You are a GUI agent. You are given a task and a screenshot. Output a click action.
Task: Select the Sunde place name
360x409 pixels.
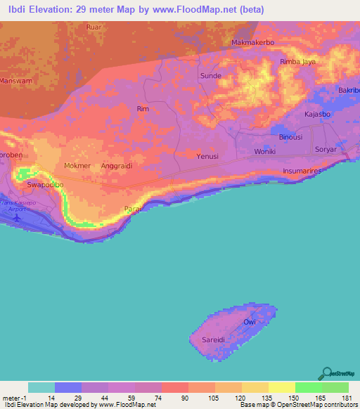tap(211, 76)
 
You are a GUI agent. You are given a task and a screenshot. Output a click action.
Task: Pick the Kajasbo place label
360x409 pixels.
tap(318, 114)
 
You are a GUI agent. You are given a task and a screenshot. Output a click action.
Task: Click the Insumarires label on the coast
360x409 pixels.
tap(307, 171)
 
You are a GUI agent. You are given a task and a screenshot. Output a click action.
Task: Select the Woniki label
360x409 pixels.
tap(266, 152)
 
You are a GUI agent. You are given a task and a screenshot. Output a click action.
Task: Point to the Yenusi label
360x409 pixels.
tap(209, 156)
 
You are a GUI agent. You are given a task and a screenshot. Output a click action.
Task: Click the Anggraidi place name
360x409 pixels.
tap(117, 166)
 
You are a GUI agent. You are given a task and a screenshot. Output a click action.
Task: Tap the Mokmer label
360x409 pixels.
tap(77, 166)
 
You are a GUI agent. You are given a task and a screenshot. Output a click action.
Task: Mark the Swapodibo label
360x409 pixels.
tap(45, 185)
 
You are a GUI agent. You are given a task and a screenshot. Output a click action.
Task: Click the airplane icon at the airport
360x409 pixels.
tap(18, 216)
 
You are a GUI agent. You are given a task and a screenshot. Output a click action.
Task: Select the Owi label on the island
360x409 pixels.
tap(249, 322)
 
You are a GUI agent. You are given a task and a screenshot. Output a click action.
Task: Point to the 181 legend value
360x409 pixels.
tap(347, 398)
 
